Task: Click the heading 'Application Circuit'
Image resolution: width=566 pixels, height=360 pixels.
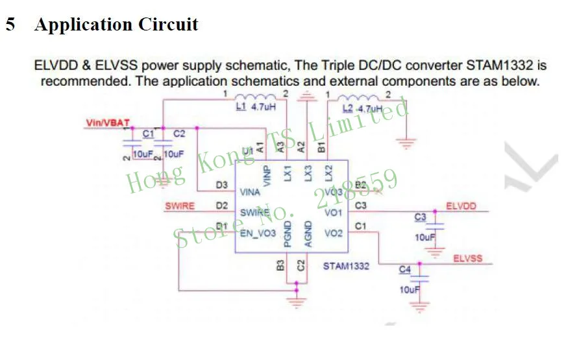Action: tap(116, 25)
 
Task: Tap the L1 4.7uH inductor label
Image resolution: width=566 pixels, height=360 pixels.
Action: tap(256, 106)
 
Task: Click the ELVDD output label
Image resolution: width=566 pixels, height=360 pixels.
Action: tap(461, 206)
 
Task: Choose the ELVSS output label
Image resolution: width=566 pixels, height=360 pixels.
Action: tap(467, 258)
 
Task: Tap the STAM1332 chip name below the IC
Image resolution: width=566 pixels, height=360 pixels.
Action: tap(346, 266)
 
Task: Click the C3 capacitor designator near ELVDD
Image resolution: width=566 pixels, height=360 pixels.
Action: tap(420, 217)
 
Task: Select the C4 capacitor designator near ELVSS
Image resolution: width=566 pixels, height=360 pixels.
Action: tap(405, 269)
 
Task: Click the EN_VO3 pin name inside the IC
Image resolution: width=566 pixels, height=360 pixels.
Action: tap(258, 233)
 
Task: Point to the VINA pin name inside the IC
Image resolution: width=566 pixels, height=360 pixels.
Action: tap(250, 193)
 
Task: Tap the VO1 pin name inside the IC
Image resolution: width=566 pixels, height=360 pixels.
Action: tap(333, 213)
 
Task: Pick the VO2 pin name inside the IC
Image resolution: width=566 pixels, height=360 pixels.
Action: tap(333, 233)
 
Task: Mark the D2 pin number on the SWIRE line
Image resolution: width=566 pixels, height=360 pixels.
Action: tap(222, 206)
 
